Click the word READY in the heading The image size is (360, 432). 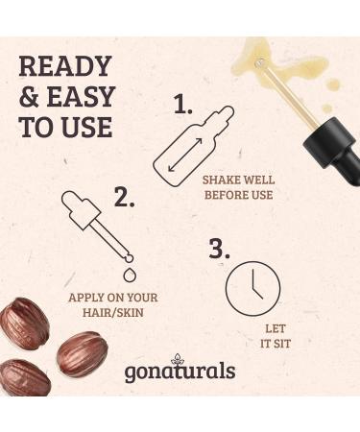tap(65, 66)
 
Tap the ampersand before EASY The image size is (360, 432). tap(29, 97)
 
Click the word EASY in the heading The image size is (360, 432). tap(81, 97)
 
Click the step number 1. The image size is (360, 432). tap(183, 104)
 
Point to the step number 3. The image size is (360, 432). tap(220, 249)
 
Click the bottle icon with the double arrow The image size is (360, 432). tap(193, 146)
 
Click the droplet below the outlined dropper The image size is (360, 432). tap(130, 275)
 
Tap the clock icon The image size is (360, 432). tap(253, 287)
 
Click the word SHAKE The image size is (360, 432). tap(222, 180)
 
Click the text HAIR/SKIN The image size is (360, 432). tap(113, 312)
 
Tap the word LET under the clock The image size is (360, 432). tap(276, 328)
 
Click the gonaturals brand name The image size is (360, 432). tap(180, 372)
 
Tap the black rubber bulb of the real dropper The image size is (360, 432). tap(333, 152)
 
